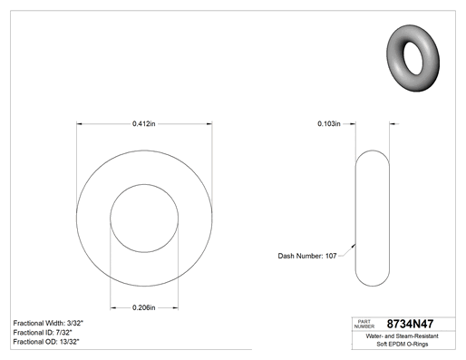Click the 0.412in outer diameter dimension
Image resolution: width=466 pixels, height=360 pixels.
pos(144,123)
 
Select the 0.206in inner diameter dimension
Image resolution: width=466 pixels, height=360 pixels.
pos(144,307)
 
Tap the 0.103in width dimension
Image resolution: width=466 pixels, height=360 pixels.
pos(329,123)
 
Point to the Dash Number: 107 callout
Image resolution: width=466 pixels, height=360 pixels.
pos(307,256)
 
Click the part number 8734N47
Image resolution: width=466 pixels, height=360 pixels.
pos(410,324)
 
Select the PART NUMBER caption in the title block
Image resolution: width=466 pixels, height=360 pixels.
pos(364,324)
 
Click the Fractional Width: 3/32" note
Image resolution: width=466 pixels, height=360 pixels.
pos(48,323)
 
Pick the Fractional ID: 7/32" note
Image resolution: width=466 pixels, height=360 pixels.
pos(43,333)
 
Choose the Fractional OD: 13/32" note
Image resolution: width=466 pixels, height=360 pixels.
pos(46,342)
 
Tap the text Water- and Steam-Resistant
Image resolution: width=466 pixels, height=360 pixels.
pos(402,336)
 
